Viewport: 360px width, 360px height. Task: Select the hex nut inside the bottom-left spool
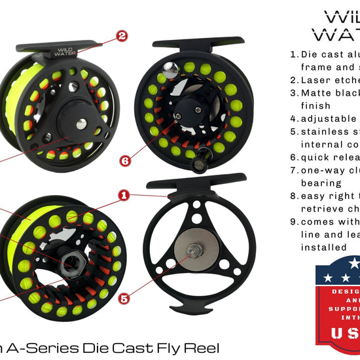[68, 262]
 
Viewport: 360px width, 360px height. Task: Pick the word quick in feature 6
[317, 157]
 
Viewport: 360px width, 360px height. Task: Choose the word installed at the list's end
[324, 247]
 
